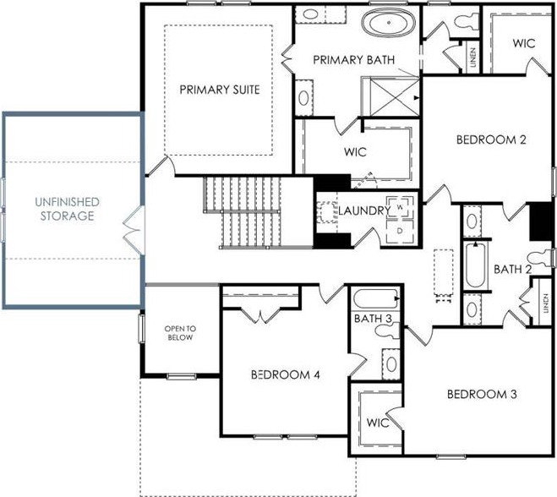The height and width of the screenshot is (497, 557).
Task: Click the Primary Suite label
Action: tap(220, 90)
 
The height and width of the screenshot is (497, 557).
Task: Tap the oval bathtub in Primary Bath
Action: tap(389, 22)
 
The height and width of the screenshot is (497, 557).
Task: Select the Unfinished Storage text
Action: tap(67, 209)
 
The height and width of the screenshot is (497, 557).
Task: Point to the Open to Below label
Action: tap(180, 333)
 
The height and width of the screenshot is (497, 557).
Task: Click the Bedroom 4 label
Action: tap(285, 374)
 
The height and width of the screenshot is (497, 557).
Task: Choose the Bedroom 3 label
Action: tap(482, 395)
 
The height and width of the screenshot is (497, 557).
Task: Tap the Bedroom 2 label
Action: tap(491, 139)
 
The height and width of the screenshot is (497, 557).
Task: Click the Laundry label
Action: tap(364, 210)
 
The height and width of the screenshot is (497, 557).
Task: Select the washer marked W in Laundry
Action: tap(400, 206)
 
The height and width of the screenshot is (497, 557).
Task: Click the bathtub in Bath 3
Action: tap(376, 298)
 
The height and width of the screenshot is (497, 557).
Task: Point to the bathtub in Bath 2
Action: tap(475, 265)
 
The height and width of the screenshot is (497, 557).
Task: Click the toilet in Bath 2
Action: tap(541, 259)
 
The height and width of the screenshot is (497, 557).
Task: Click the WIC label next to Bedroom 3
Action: tap(378, 423)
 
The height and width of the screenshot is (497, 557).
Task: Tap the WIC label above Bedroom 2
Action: tap(524, 43)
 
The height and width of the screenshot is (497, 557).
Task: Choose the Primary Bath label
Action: tap(354, 60)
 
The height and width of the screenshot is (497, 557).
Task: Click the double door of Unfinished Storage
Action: tap(134, 230)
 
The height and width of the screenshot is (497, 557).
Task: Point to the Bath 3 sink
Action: tap(391, 364)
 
